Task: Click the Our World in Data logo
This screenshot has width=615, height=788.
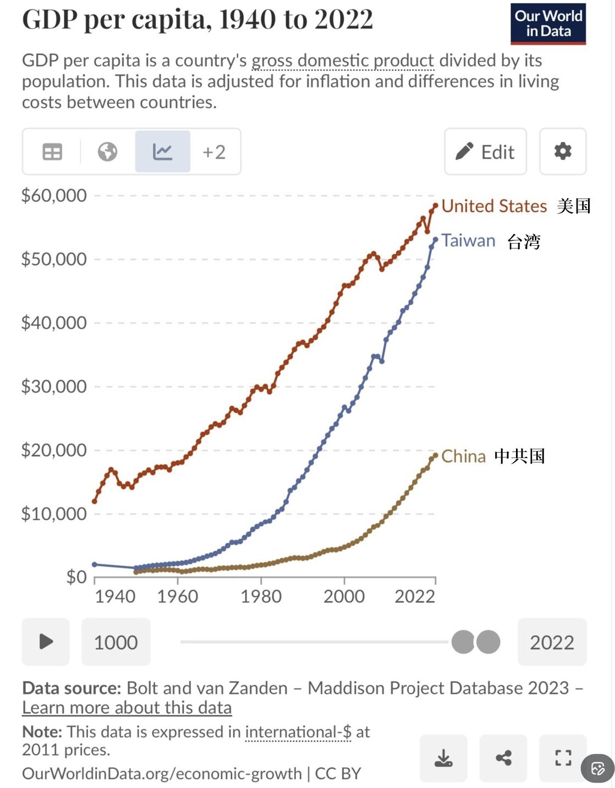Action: coord(548,24)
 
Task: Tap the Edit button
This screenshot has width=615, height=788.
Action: coord(485,152)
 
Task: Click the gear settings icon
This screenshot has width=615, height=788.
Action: coord(562,151)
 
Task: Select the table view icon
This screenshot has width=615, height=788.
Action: coord(52,152)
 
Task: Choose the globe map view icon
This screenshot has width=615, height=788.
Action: coord(107,152)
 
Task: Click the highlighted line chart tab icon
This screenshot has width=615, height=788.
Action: coord(163,152)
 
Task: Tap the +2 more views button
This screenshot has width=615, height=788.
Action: coord(214,152)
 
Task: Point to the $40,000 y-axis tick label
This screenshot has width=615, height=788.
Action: coord(54,323)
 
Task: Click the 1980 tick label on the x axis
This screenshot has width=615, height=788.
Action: coord(261,596)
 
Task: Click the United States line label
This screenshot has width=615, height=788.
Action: coord(494,206)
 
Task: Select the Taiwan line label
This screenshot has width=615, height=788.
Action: coord(468,241)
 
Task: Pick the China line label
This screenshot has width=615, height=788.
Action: coord(463,456)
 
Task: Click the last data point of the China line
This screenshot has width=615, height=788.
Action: coord(436,455)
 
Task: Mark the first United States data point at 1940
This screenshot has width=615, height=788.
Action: coord(95,501)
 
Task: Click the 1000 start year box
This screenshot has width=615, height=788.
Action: coord(116,642)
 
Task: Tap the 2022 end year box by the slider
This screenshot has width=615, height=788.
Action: coord(552,642)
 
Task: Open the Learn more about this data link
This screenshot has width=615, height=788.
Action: coord(127,708)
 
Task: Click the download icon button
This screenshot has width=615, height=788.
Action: coord(443,758)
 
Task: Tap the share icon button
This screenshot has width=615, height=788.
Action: coord(503,758)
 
